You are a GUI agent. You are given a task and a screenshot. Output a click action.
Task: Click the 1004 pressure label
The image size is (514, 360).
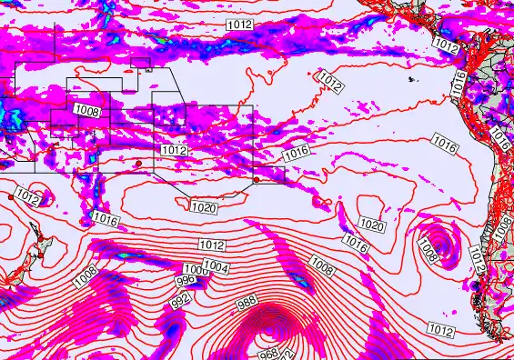coord(216,266)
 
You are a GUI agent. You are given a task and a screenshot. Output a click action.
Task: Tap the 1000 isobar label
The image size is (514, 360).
coord(195,271)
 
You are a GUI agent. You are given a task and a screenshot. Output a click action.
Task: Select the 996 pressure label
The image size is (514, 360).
coord(185,281)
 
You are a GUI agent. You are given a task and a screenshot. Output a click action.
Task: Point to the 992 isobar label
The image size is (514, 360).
coord(180,298)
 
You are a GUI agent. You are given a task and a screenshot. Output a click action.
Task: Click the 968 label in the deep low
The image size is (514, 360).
coord(267,354)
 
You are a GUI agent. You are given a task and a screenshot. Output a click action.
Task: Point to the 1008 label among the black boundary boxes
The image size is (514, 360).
coord(87,111)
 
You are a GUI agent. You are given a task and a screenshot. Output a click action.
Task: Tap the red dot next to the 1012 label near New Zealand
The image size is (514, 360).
coord(11,195)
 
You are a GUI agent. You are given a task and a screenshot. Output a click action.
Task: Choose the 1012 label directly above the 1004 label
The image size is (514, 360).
coord(212,245)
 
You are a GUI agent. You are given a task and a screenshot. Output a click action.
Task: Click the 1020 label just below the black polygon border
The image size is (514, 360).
coord(204,208)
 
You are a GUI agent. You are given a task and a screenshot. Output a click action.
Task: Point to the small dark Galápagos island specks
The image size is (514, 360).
coord(413,80)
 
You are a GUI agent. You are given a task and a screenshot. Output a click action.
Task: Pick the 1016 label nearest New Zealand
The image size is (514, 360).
coord(106,219)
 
